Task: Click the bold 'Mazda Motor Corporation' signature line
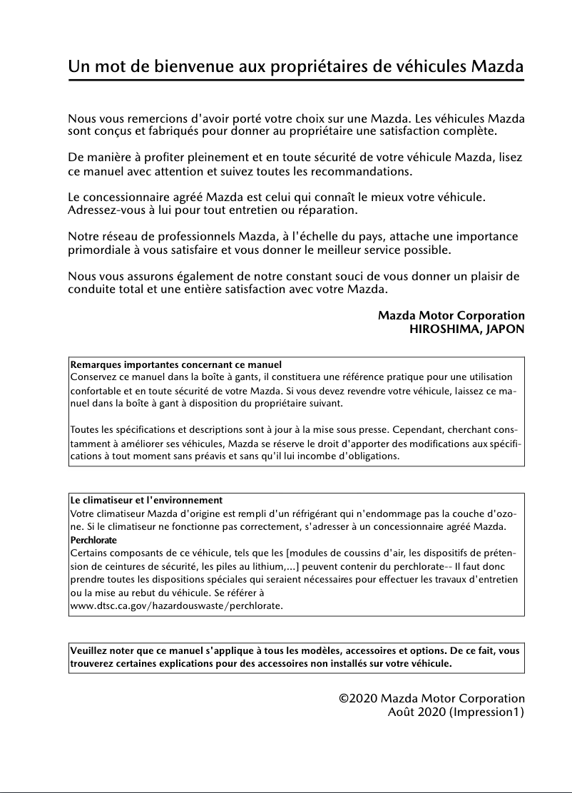[451, 315]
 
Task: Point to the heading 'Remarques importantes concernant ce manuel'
[175, 364]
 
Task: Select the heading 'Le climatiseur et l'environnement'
[146, 501]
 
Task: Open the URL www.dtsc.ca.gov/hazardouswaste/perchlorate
[176, 605]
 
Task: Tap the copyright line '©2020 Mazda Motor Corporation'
[431, 698]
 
